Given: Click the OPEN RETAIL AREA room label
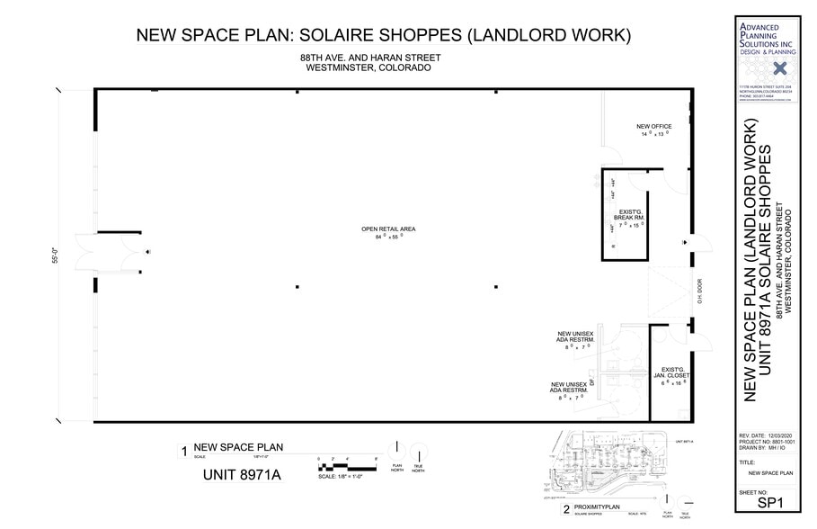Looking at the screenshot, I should pos(388,229).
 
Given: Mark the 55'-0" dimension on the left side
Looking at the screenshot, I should pos(56,256).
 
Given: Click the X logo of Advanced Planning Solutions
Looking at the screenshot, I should pos(779,68).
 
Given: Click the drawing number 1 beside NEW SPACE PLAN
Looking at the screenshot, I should pos(183,452).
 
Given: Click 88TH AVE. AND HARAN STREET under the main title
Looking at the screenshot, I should pos(370,58).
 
